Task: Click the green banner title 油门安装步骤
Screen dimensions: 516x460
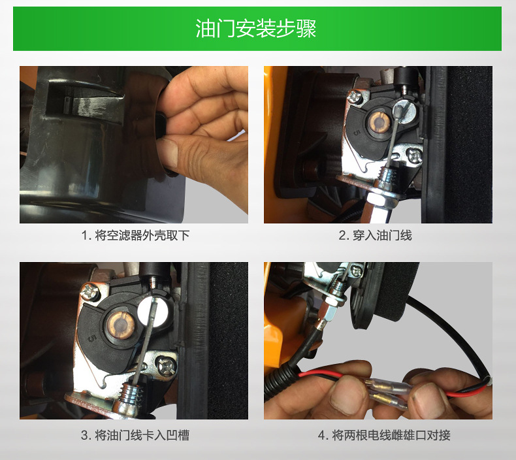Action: point(255,29)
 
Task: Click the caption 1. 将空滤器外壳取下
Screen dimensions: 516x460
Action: point(136,235)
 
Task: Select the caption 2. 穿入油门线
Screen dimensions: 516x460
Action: point(375,235)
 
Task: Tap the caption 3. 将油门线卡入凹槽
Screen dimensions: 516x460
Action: point(135,435)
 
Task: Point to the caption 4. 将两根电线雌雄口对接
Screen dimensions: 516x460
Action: point(384,435)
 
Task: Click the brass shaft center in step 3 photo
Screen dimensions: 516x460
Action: point(121,325)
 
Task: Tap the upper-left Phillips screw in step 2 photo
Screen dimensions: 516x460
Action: point(355,96)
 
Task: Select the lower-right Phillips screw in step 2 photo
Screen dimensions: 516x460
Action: point(414,156)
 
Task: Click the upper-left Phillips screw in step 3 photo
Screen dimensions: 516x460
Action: point(90,291)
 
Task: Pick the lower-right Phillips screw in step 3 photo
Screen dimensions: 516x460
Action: point(165,365)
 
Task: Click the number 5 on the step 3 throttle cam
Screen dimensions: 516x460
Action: point(92,338)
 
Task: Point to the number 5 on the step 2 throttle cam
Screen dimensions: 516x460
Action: point(357,133)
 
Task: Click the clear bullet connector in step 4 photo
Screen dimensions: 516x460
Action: point(391,392)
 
